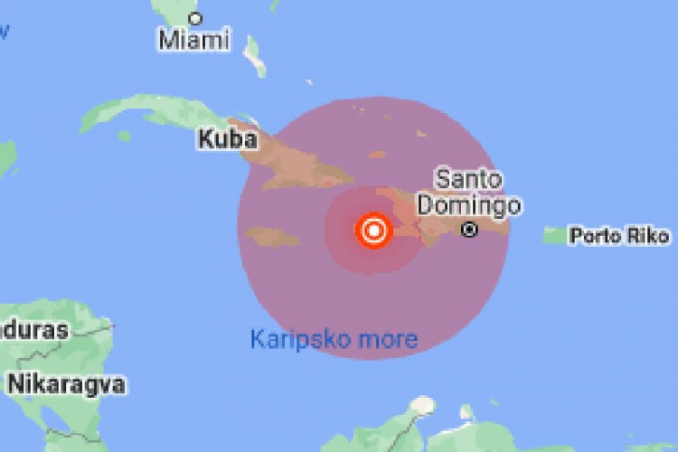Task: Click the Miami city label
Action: (x=194, y=39)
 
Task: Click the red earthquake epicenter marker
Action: (x=372, y=231)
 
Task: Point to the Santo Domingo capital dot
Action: (x=468, y=230)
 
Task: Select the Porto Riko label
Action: (x=620, y=237)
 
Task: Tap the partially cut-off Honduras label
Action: (x=33, y=330)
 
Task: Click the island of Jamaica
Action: (x=272, y=237)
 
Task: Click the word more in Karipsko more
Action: (x=390, y=339)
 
